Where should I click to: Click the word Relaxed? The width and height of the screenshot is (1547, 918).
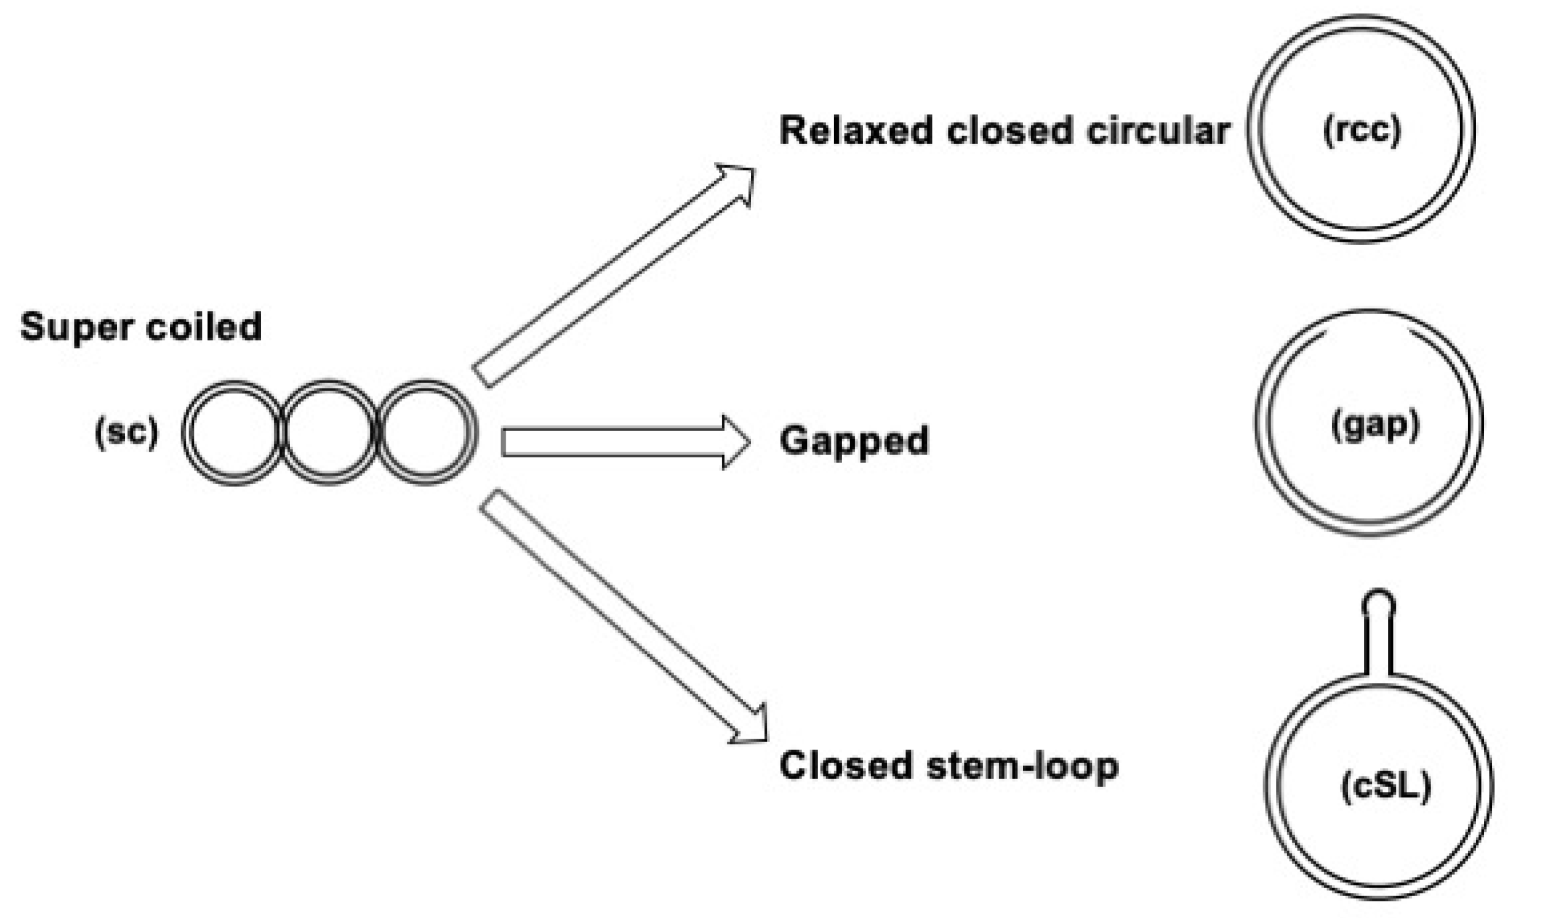[856, 131]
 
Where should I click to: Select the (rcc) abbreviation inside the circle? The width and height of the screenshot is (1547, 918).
[1362, 130]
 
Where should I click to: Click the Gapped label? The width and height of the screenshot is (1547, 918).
[854, 441]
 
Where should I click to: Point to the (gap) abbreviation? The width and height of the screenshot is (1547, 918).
[1375, 425]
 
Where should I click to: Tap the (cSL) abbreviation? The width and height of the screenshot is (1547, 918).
[1386, 787]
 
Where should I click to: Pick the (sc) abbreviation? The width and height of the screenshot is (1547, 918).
[126, 432]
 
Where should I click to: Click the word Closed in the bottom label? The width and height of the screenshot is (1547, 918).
[846, 766]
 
